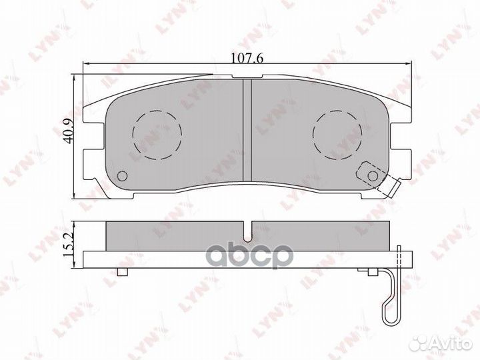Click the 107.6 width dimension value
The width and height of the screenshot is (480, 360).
click(247, 58)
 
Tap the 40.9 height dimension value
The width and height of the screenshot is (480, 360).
click(68, 131)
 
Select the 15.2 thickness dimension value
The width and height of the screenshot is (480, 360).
click(68, 245)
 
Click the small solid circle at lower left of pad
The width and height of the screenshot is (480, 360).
click(123, 176)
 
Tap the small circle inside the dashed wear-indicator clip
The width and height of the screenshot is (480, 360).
click(373, 176)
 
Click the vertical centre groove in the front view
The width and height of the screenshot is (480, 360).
click(247, 130)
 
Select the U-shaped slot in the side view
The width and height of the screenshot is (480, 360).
click(247, 231)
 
